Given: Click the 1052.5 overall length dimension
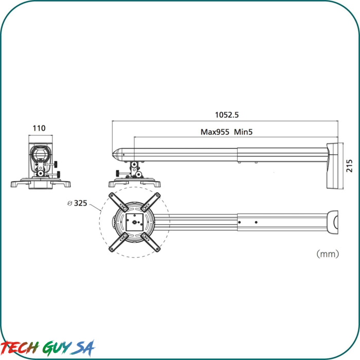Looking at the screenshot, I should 227,115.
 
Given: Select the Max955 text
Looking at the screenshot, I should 214,132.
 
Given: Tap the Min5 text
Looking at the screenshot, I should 244,132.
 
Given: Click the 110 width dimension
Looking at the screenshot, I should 39,128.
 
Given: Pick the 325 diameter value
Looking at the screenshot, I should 80,203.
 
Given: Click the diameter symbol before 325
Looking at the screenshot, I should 69,203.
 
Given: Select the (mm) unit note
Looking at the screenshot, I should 328,254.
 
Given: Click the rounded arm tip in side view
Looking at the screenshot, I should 117,153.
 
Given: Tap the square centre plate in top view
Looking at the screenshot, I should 135,222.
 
